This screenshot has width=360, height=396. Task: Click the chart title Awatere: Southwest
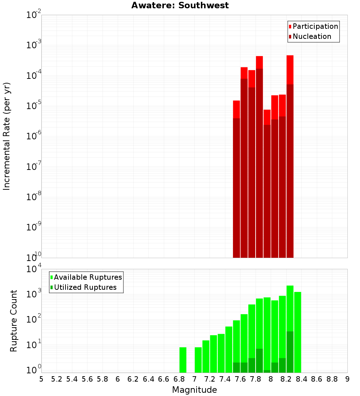click(180, 5)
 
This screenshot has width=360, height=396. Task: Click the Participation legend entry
click(313, 26)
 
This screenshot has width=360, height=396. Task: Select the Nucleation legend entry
click(310, 36)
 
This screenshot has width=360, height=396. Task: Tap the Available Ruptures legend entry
click(86, 277)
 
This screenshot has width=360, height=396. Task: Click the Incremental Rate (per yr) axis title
click(6, 136)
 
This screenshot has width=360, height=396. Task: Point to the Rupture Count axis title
click(13, 321)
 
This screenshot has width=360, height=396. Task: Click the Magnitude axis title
click(194, 390)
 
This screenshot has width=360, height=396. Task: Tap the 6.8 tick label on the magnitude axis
click(179, 379)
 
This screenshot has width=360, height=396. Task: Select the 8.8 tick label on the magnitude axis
click(332, 379)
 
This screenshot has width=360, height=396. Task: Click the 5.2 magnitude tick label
click(57, 379)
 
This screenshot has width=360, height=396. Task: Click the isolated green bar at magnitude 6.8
click(183, 360)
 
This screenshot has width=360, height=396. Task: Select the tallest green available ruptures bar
click(290, 308)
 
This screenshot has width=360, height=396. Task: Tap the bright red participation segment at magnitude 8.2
click(290, 70)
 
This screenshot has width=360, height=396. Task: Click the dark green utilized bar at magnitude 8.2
click(290, 352)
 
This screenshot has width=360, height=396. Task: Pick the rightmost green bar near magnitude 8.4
click(298, 332)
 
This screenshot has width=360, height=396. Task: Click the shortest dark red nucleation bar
click(267, 191)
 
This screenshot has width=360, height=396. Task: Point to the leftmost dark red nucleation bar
click(237, 188)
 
